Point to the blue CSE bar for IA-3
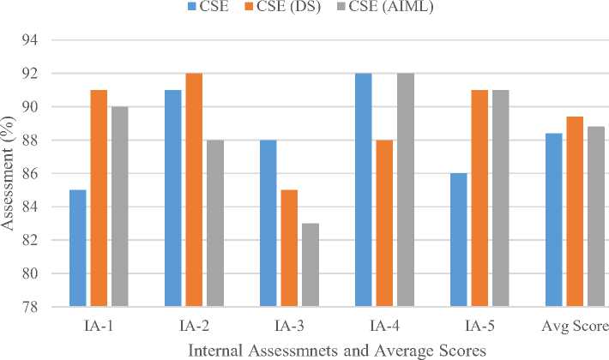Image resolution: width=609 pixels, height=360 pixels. coord(268,223)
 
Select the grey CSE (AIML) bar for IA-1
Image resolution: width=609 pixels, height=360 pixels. coord(118,207)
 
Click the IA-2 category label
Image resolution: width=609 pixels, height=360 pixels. coord(192,327)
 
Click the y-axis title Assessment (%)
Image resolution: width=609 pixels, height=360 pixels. coord(10,171)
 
